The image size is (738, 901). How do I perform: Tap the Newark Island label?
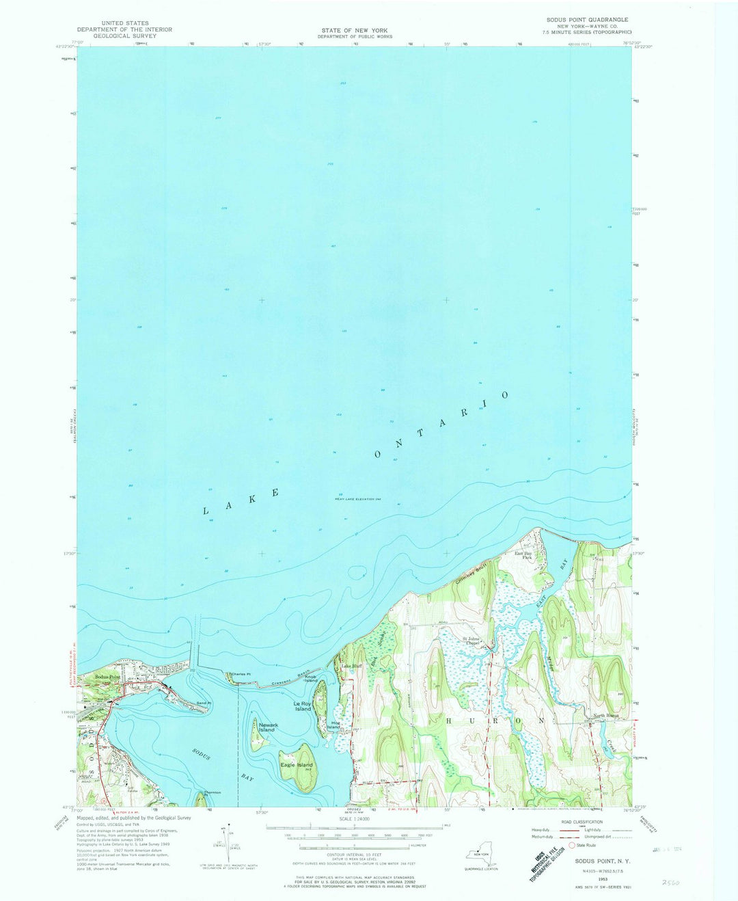[266, 727]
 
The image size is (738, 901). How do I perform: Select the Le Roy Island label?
[303, 705]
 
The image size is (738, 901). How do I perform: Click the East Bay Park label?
[523, 556]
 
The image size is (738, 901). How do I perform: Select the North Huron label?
[605, 716]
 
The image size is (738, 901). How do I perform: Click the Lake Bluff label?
[351, 665]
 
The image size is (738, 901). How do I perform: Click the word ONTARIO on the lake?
[441, 425]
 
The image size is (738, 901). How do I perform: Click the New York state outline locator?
[481, 855]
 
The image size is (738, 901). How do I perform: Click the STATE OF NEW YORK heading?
[355, 30]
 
